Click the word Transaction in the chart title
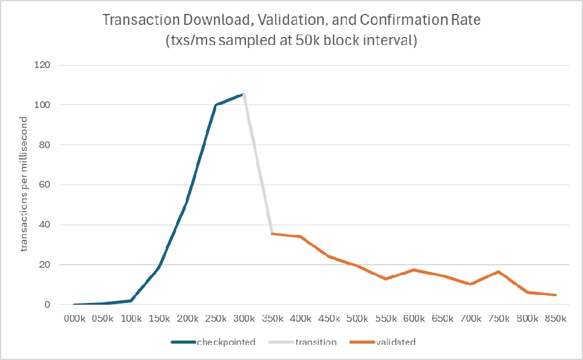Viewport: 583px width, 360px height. tap(141, 19)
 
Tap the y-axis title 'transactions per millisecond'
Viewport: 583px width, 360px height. tap(24, 185)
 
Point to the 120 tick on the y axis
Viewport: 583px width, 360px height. tap(42, 65)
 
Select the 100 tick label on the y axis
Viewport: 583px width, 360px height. tap(42, 105)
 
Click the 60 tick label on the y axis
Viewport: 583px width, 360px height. tap(44, 185)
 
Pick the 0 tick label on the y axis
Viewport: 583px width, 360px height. tap(47, 305)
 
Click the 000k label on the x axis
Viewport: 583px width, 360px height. tap(75, 318)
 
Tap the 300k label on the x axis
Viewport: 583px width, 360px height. tap(244, 318)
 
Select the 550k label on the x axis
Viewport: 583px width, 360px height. tap(386, 318)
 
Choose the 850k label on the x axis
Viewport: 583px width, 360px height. tap(556, 318)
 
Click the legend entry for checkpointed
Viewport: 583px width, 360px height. tap(213, 342)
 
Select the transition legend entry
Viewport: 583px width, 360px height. tap(302, 342)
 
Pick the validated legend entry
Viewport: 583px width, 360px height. tap(382, 342)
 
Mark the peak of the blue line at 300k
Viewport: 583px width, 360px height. tap(244, 94)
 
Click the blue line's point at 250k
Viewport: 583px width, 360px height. tap(216, 105)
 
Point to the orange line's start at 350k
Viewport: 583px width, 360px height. tap(273, 234)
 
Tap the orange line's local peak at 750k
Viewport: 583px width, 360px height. tap(499, 272)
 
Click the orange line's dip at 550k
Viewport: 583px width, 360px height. tap(386, 279)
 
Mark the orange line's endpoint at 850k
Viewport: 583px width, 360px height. tap(556, 295)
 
